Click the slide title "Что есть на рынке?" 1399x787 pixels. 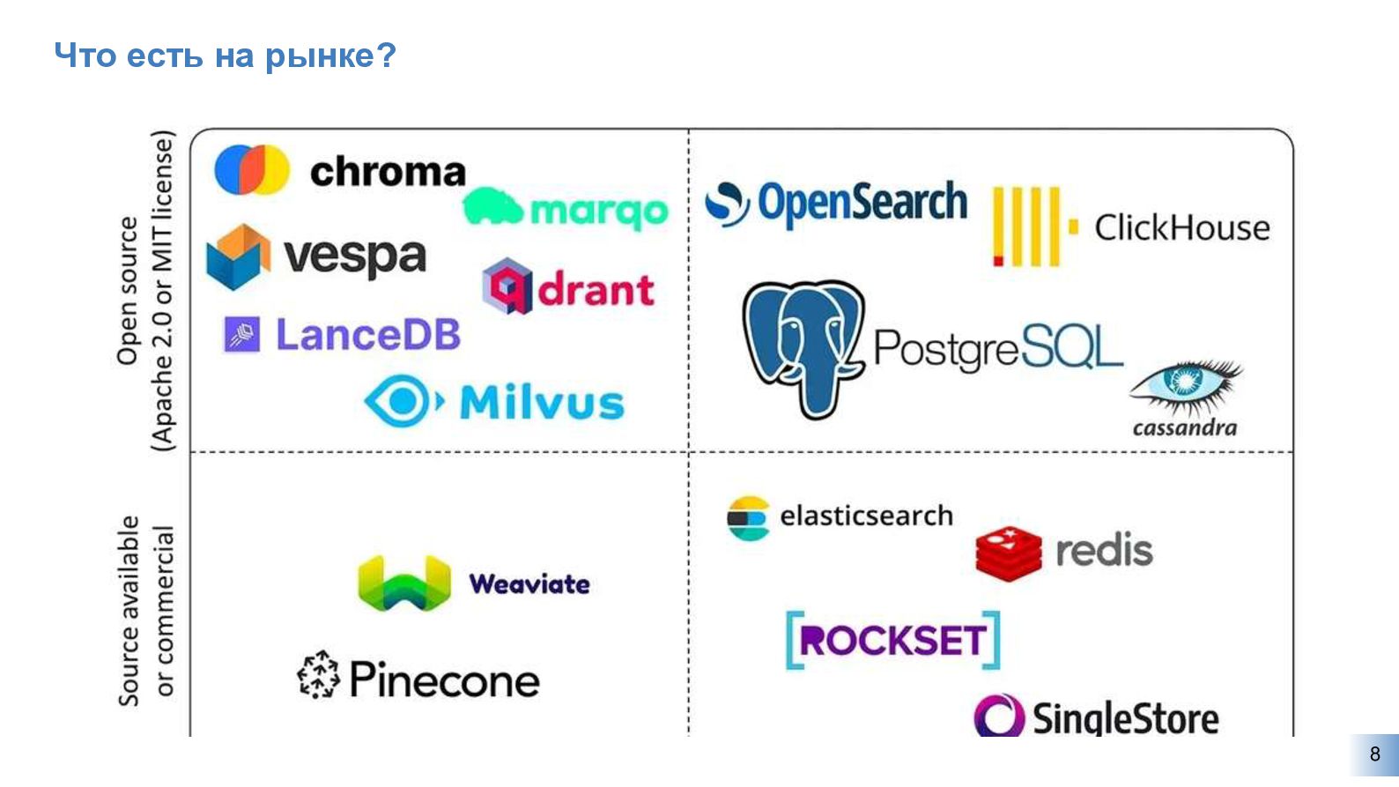pyautogui.click(x=226, y=56)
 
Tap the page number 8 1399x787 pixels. pyautogui.click(x=1374, y=754)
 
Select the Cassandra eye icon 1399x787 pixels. pyautogui.click(x=1185, y=384)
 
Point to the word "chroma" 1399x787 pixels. pyautogui.click(x=388, y=172)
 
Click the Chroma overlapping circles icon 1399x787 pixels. pyautogui.click(x=252, y=169)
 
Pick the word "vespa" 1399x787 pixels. pyautogui.click(x=354, y=257)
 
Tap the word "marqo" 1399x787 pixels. pyautogui.click(x=599, y=212)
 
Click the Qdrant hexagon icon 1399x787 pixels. pyautogui.click(x=507, y=286)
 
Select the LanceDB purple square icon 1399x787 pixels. pyautogui.click(x=242, y=334)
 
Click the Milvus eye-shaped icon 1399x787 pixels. pyautogui.click(x=402, y=402)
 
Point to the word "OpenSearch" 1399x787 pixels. pyautogui.click(x=862, y=203)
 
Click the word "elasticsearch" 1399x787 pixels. pyautogui.click(x=866, y=516)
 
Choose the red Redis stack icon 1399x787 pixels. pyautogui.click(x=1008, y=552)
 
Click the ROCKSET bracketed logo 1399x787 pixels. pyautogui.click(x=892, y=640)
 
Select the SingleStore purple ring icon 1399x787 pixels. pyautogui.click(x=999, y=716)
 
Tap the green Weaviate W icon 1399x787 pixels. pyautogui.click(x=404, y=583)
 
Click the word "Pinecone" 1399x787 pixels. pyautogui.click(x=444, y=679)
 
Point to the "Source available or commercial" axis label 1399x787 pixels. pyautogui.click(x=146, y=610)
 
